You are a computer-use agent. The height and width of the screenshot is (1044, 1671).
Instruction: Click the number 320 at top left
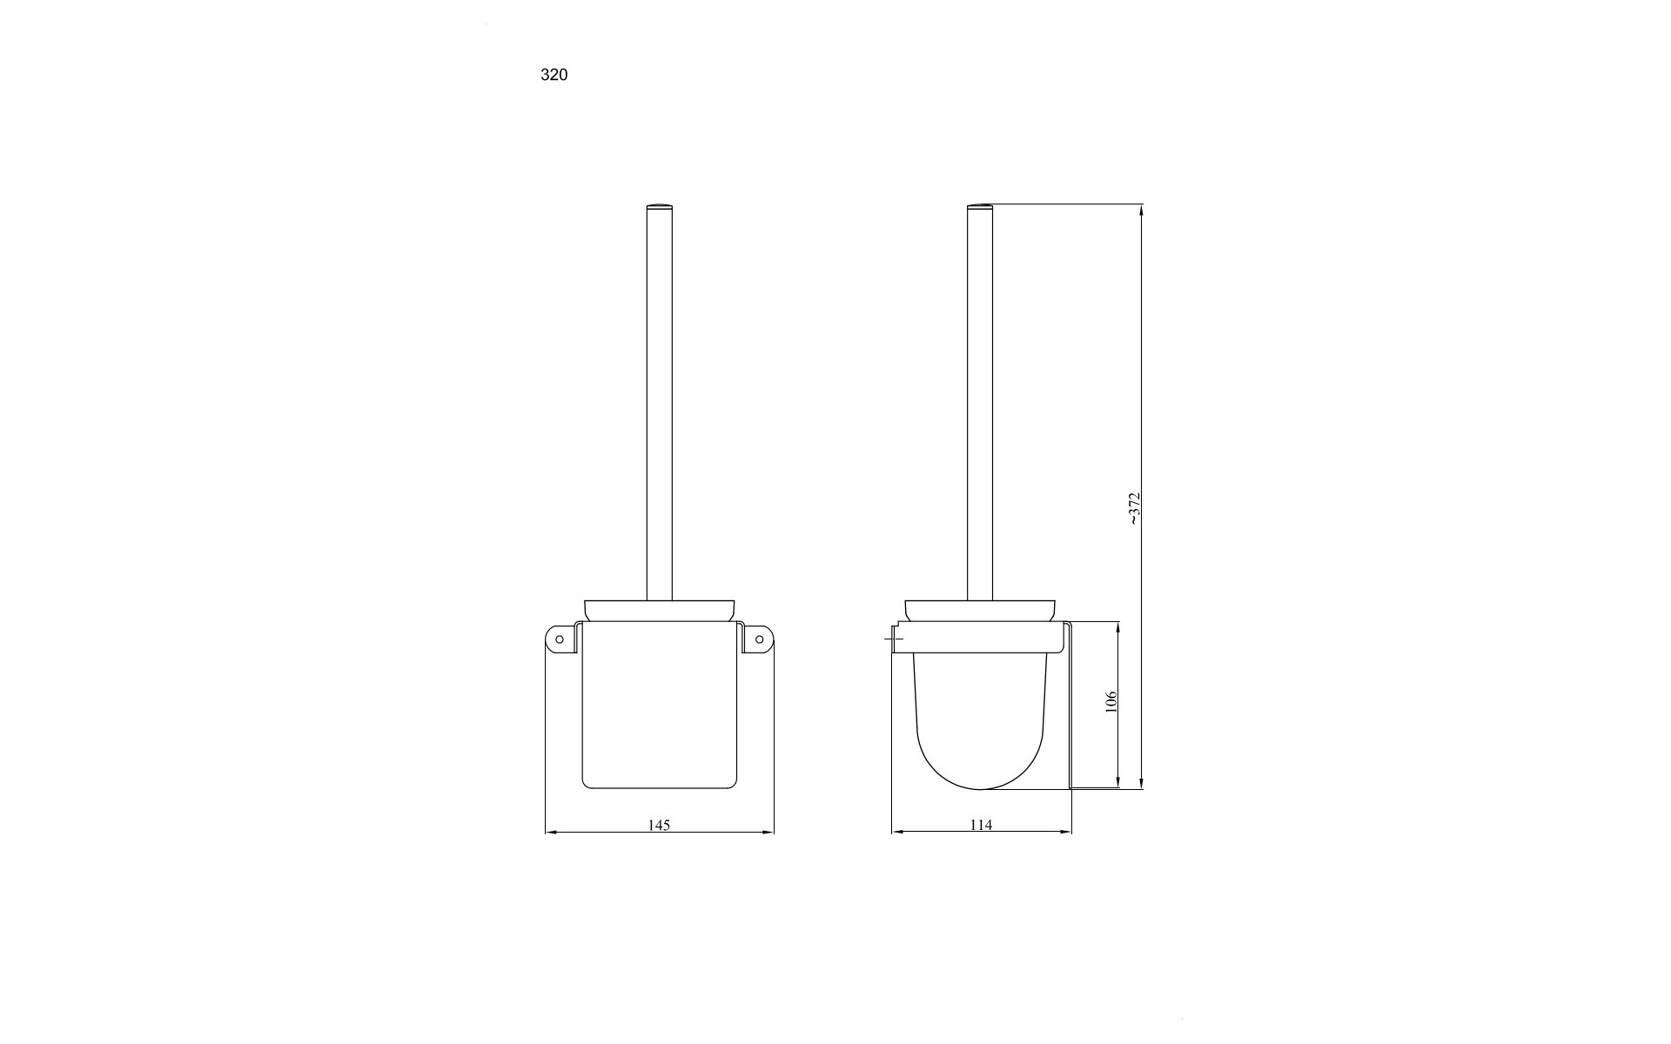(554, 75)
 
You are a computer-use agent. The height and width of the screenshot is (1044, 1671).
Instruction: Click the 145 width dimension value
(659, 825)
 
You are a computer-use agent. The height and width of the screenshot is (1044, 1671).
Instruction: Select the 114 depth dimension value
(981, 825)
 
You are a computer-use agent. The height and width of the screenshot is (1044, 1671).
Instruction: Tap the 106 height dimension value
(1111, 702)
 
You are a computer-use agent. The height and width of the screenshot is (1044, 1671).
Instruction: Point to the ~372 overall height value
(1133, 509)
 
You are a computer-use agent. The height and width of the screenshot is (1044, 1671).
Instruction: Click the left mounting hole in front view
(560, 640)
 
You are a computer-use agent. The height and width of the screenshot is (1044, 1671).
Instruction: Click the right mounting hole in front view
(759, 640)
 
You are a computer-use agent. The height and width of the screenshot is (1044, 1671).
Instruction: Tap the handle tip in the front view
(659, 206)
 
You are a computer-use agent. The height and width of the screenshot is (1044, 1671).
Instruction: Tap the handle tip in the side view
(981, 206)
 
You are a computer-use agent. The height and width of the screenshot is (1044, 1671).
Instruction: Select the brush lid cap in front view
(659, 611)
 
